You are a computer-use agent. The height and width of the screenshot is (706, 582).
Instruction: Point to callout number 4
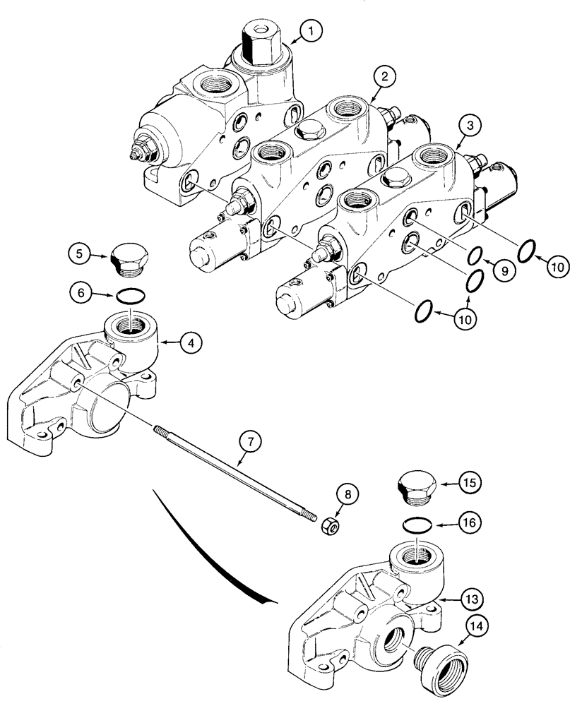coord(191,343)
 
